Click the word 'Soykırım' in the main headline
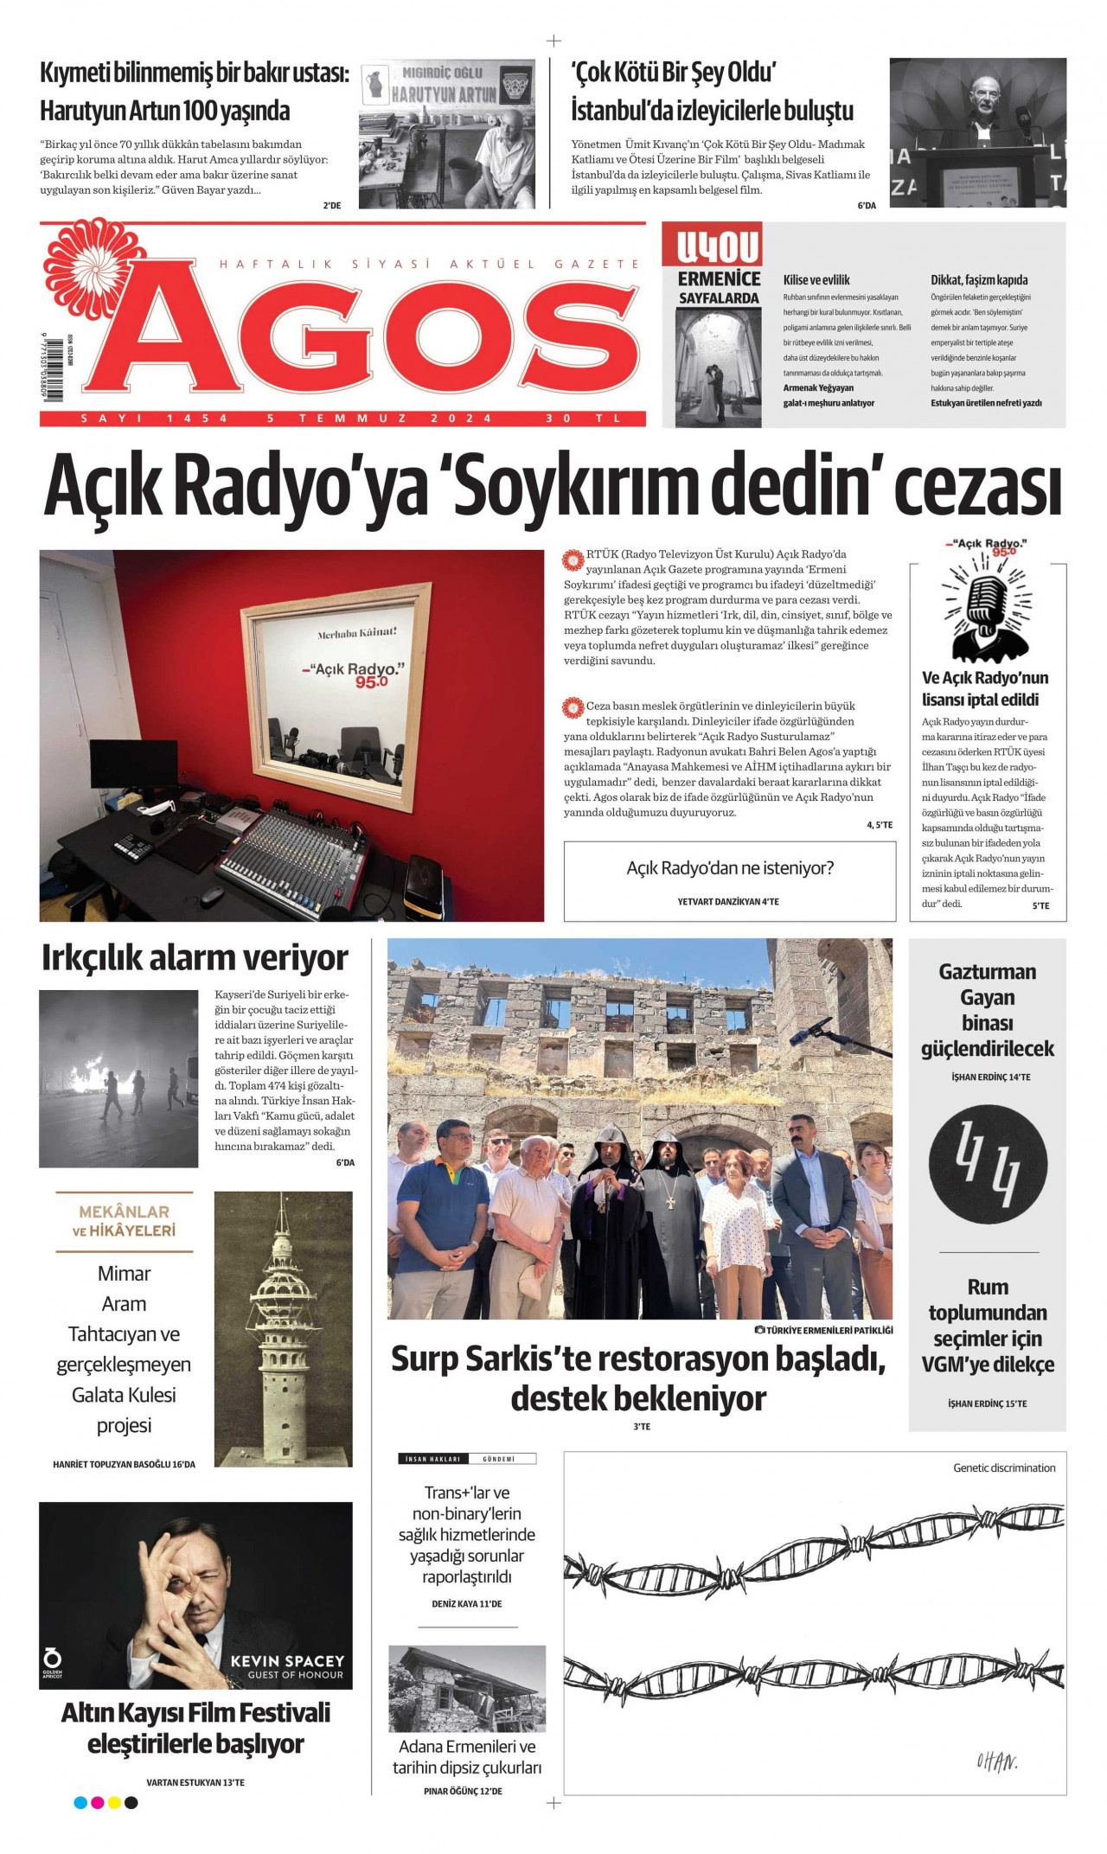click(572, 487)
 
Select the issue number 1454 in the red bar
click(197, 419)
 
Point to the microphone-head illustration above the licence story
click(987, 605)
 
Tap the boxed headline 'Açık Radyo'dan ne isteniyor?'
click(730, 868)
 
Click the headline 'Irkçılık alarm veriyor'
click(195, 958)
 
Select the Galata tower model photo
click(283, 1328)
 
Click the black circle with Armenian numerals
click(988, 1164)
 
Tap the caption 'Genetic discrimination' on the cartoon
click(1004, 1467)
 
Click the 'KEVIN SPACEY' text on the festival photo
click(287, 1661)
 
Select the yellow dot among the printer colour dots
click(114, 1803)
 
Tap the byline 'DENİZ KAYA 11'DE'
click(467, 1604)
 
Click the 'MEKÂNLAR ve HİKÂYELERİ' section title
click(125, 1221)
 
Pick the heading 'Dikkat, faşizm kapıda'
click(979, 280)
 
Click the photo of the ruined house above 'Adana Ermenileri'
click(467, 1688)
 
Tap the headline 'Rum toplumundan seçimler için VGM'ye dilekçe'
click(988, 1326)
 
